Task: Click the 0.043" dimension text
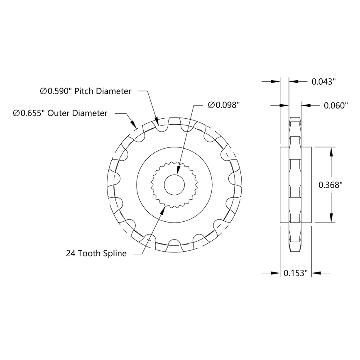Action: coord(323,81)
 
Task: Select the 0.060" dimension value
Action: coord(335,105)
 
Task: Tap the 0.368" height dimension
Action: coord(330,185)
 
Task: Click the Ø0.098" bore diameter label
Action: coord(224,105)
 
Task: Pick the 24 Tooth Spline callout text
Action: coord(96,253)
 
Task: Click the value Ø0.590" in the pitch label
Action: coord(56,91)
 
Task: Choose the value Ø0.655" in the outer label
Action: coord(29,113)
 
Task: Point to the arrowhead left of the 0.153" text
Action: coord(275,273)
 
